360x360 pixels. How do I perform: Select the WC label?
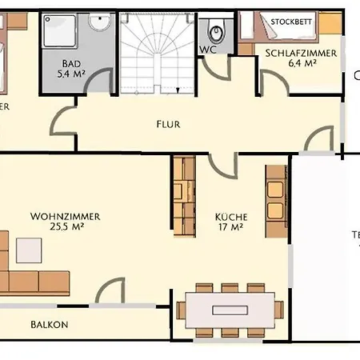point(207,50)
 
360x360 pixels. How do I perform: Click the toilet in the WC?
point(215,33)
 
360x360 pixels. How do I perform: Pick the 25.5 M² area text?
point(66,227)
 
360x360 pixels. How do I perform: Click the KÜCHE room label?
point(230,217)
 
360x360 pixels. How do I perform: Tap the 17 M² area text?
point(230,228)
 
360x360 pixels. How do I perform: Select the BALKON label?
point(50,325)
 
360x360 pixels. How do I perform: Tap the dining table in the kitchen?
point(230,309)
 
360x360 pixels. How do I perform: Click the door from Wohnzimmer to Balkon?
point(110,292)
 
